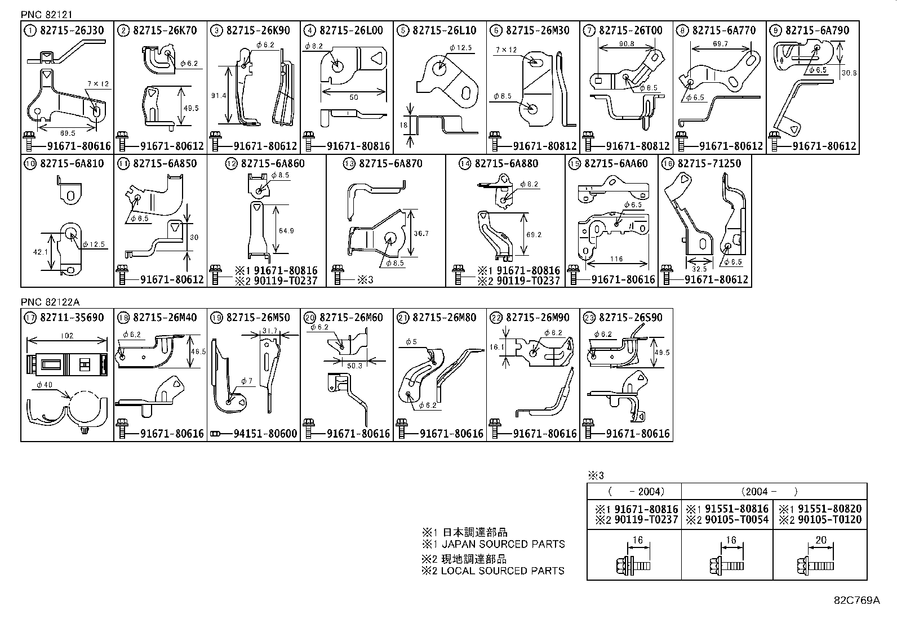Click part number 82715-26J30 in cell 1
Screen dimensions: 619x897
(72, 30)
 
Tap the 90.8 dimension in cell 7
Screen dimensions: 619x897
(626, 43)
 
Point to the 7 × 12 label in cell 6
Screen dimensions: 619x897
(505, 50)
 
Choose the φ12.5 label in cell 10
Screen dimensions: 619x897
(94, 244)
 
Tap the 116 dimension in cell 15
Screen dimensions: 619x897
(616, 259)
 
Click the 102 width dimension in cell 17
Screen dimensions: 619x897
(67, 336)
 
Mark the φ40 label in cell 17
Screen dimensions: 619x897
(45, 385)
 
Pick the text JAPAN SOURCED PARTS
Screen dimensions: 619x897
(503, 544)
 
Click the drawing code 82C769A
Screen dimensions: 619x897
(856, 600)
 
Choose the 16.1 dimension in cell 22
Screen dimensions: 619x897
(496, 348)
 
